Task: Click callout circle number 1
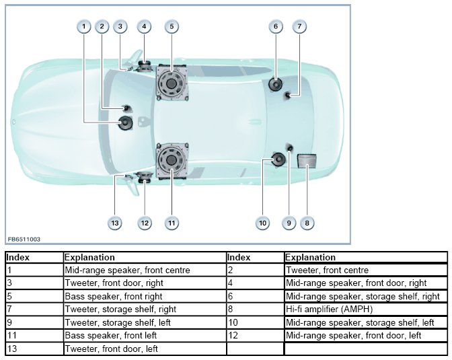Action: [83, 27]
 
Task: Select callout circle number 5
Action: [172, 27]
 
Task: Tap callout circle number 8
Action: [307, 223]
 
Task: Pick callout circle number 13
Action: [115, 223]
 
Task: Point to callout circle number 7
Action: [300, 27]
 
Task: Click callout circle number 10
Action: [262, 223]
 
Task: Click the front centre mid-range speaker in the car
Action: [126, 122]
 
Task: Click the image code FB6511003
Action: [24, 238]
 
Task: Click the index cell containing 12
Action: [254, 335]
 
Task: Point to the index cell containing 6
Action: [254, 296]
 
